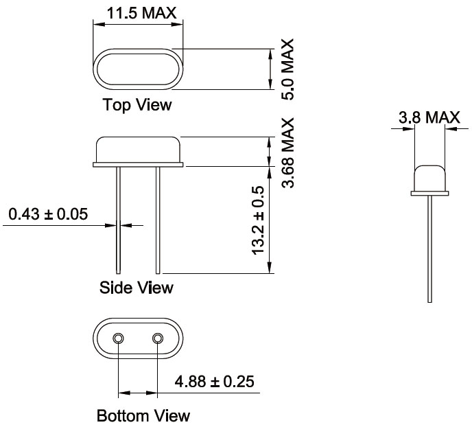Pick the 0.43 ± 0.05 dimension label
(x=48, y=214)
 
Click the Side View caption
(x=137, y=287)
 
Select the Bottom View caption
(x=143, y=416)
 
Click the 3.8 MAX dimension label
(x=429, y=118)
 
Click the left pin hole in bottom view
(x=119, y=338)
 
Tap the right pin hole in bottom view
(x=158, y=338)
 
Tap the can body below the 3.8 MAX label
(x=429, y=177)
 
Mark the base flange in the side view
(x=138, y=165)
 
